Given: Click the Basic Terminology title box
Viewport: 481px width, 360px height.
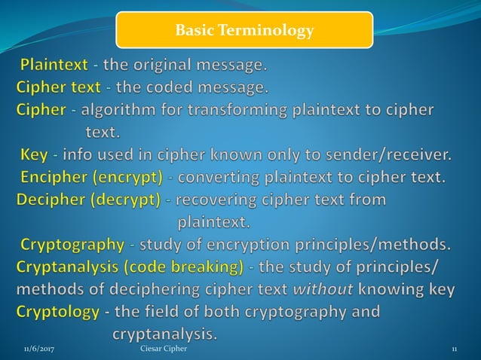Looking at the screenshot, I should (244, 31).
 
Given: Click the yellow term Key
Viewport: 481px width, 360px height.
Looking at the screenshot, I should (34, 155).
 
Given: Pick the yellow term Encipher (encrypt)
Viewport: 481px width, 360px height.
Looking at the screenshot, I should (91, 178).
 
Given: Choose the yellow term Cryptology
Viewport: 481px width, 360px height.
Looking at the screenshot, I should (57, 311).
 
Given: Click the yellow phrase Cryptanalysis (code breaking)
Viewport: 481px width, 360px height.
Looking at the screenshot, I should (130, 267).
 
